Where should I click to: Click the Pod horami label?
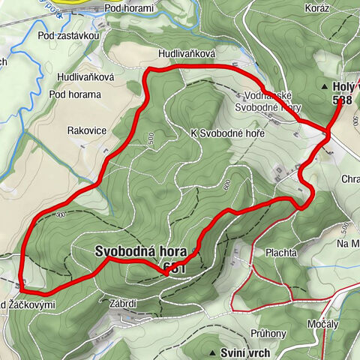pyautogui.click(x=129, y=8)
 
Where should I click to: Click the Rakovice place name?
pyautogui.click(x=86, y=130)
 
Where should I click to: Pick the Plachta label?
pyautogui.click(x=281, y=253)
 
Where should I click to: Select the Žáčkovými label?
pyautogui.click(x=33, y=304)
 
